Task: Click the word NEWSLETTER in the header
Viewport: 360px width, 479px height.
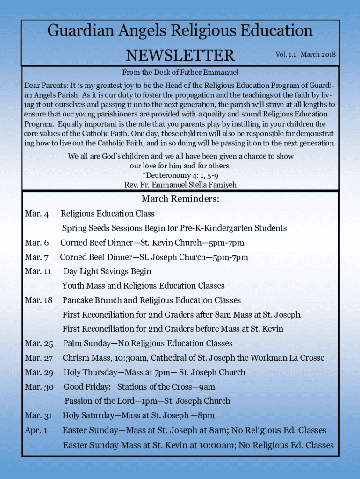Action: coord(180,56)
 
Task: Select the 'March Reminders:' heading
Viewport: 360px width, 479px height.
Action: coord(180,199)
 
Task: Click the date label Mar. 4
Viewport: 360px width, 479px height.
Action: coord(36,214)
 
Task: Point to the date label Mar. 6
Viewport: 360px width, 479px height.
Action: coord(36,243)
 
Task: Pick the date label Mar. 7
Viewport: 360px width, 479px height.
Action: coord(36,257)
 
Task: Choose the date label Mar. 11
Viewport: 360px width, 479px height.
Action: coord(38,272)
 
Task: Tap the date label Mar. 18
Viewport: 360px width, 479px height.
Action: coord(38,300)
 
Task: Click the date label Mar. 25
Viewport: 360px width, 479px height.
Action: coord(39,344)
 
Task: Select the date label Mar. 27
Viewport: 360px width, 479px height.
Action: coord(39,358)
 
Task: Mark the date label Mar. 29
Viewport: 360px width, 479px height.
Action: coord(39,373)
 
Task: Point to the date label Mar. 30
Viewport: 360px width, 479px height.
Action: coord(39,387)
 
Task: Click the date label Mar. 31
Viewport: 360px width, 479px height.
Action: coord(38,416)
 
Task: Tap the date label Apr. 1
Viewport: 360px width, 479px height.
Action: coord(36,430)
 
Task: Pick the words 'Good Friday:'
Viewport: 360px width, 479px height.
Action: coord(87,387)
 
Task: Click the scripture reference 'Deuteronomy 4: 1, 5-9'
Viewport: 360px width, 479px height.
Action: coord(181,175)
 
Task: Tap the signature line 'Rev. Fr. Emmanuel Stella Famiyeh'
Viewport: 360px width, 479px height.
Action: coord(180,185)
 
